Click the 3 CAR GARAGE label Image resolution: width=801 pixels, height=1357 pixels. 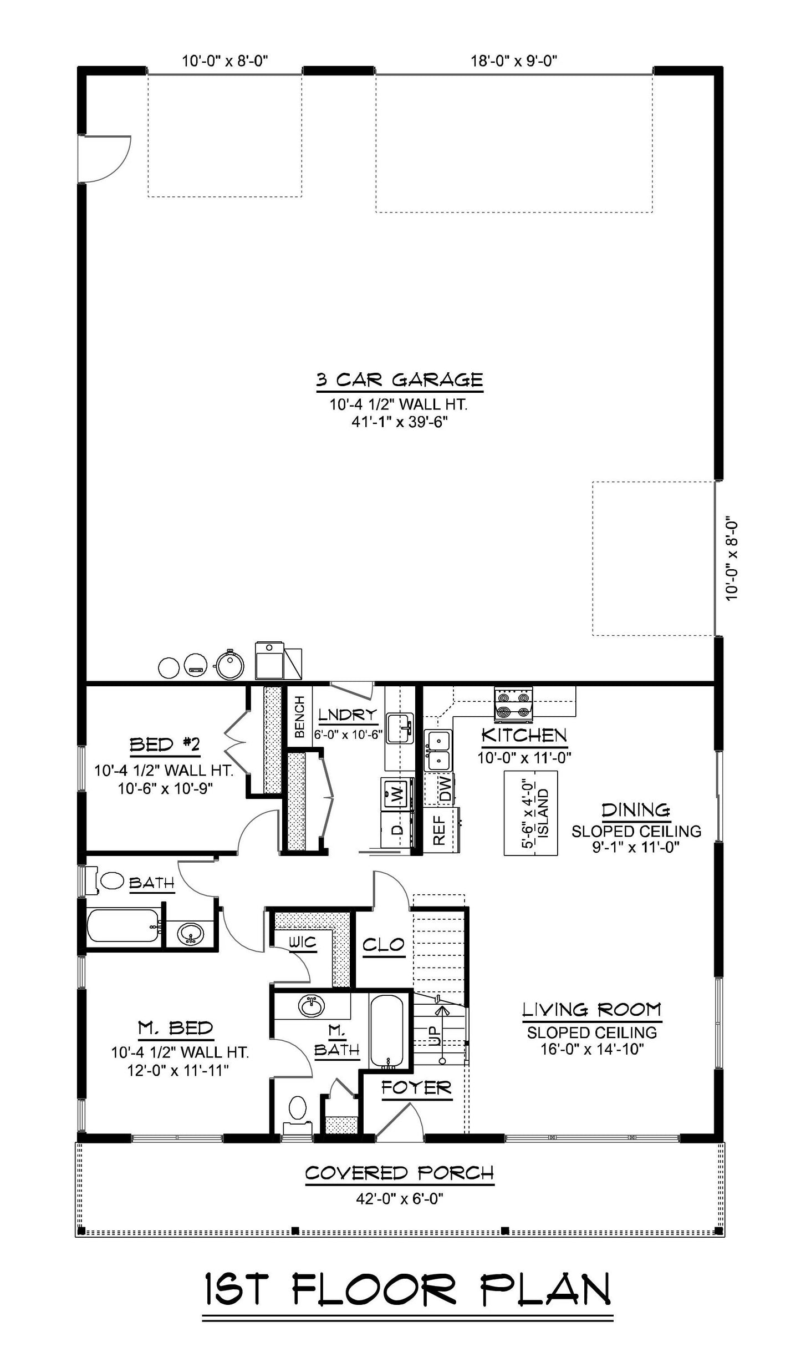point(399,380)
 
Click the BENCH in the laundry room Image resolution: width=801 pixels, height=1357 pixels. point(299,717)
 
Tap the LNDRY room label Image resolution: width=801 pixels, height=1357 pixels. point(348,715)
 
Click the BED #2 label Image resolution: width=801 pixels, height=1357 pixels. point(164,745)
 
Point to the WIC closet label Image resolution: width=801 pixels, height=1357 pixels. point(302,942)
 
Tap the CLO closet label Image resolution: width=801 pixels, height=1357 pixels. point(384,944)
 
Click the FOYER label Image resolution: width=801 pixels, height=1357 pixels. point(416,1088)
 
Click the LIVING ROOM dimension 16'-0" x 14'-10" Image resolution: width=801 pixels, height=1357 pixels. point(591,1049)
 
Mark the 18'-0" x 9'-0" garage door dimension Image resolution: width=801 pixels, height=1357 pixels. point(514,60)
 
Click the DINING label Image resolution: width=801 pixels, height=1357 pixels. point(636,811)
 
